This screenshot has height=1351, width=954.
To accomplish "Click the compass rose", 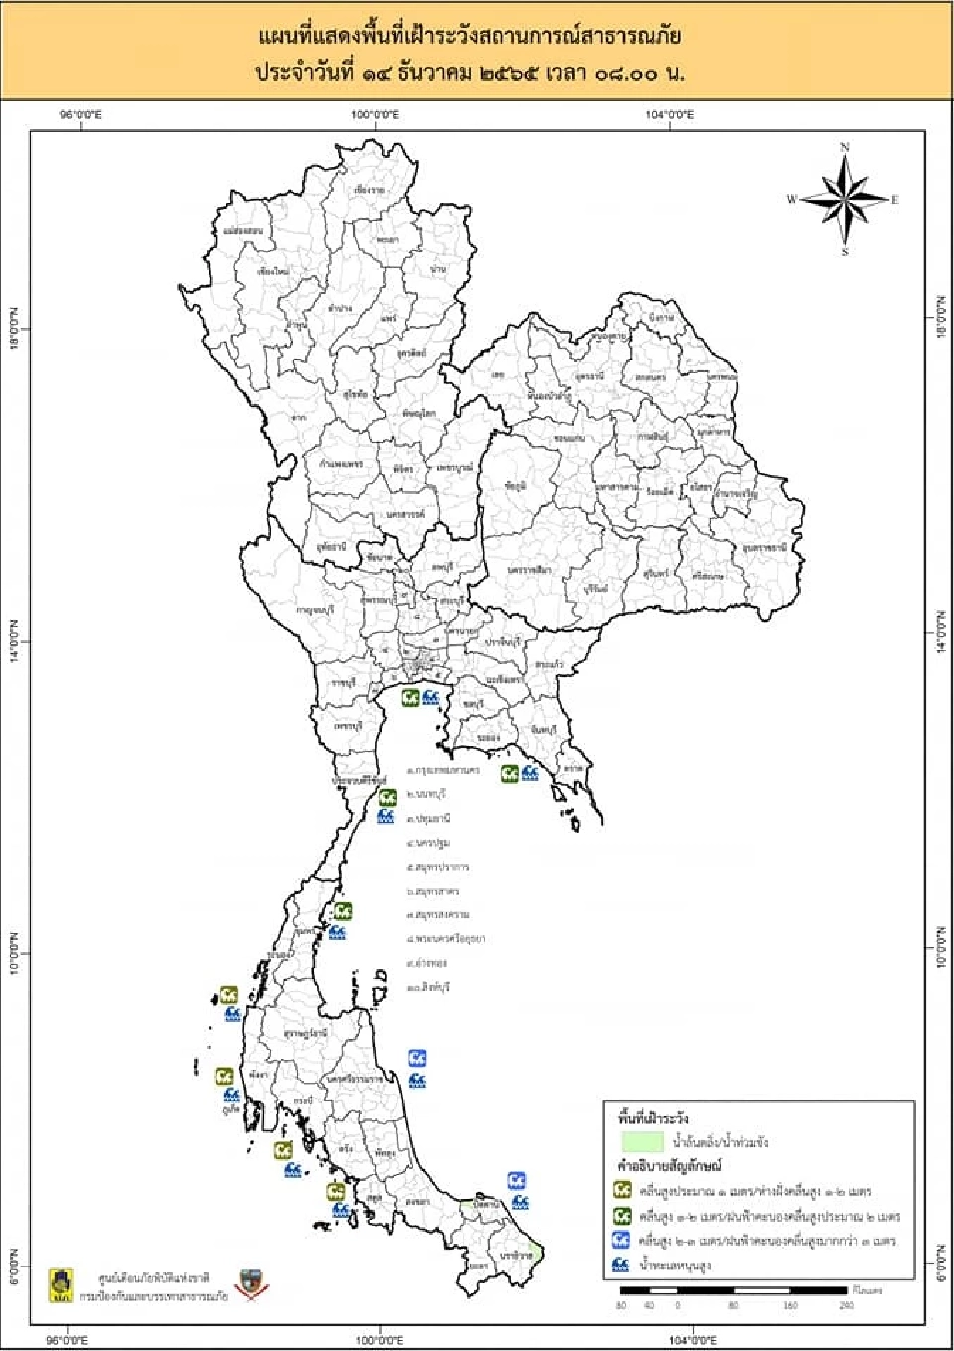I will coord(845,199).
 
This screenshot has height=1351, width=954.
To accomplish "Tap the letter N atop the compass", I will coord(845,148).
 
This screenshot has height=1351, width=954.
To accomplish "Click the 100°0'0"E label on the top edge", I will coord(376,115).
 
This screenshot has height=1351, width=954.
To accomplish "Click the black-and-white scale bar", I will coord(733,1289).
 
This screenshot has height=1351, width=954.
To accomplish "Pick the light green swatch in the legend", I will coord(642,1142).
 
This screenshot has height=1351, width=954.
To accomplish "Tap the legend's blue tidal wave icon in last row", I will coord(622,1265).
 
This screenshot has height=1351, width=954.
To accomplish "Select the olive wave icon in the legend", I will coord(622,1190).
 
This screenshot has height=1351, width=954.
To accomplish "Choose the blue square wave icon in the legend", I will coord(622,1240).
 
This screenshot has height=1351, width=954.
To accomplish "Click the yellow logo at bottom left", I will coord(60,1283).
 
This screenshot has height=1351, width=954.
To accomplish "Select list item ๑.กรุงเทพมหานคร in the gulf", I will coord(444,771).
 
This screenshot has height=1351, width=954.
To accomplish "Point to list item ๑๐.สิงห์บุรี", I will coord(429,988).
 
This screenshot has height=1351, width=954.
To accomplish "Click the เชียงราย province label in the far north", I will coord(369,189).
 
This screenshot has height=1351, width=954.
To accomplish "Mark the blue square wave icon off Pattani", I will coord(517,1180).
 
